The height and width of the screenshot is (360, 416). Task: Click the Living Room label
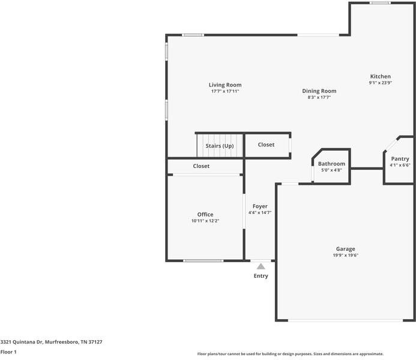225,85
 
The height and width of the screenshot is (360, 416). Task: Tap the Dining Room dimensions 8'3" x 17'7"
319,97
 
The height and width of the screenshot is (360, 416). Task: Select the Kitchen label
380,76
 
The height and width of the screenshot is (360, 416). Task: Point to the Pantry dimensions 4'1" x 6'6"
400,165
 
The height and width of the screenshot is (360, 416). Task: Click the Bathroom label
331,164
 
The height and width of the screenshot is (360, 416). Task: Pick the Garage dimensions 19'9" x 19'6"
345,255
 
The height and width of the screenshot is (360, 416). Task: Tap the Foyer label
260,206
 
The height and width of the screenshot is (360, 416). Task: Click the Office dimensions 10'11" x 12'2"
205,221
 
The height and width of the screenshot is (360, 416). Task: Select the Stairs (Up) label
220,146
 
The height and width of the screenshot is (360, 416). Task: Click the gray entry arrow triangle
261,266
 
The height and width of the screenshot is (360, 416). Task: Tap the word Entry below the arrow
261,276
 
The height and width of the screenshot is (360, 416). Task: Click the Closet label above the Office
201,166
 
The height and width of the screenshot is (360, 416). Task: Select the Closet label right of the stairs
266,145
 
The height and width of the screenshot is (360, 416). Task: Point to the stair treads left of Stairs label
201,146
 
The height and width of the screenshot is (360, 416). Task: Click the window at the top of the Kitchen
379,3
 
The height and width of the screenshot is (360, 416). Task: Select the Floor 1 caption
8,352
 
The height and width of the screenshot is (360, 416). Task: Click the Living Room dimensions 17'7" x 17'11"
225,91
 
